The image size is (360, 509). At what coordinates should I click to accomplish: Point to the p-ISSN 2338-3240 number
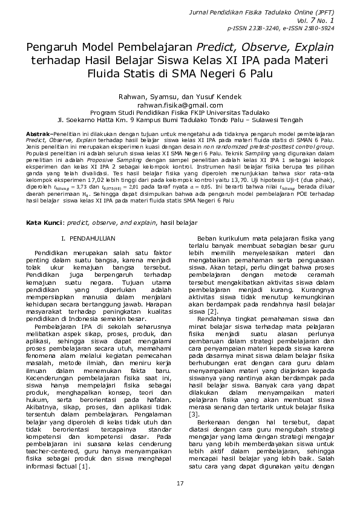pos(249,28)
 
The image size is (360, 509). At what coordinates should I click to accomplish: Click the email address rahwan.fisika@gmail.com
pos(180,105)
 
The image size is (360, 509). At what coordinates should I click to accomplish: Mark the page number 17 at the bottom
pos(180,484)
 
